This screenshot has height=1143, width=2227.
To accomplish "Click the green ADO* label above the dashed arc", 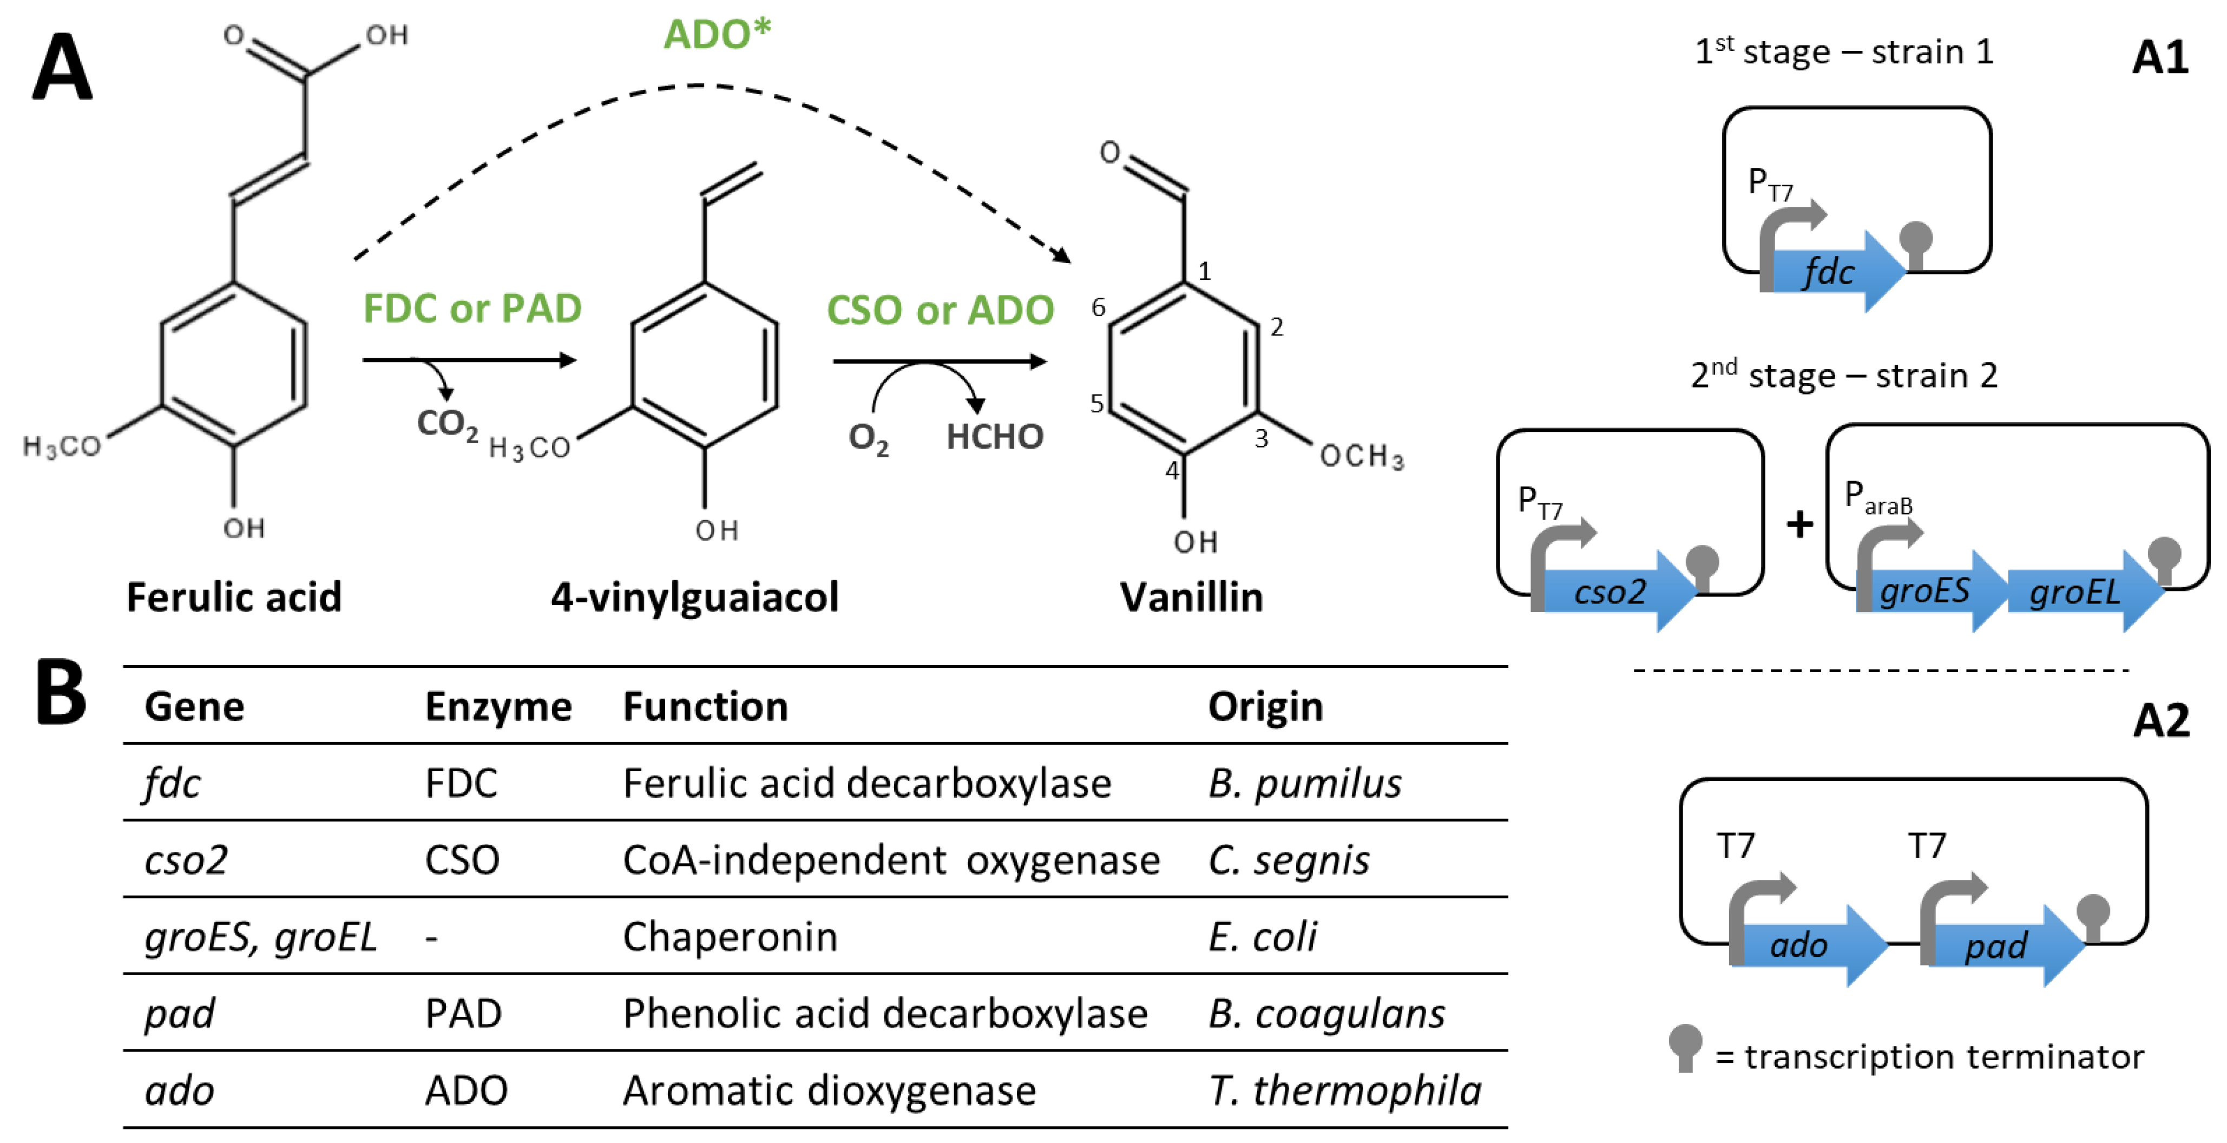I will pyautogui.click(x=716, y=35).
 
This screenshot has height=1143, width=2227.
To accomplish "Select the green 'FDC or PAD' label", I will pyautogui.click(x=472, y=308).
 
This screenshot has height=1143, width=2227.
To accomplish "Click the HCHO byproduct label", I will pyautogui.click(x=994, y=437).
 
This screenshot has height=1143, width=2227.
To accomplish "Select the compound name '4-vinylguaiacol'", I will pyautogui.click(x=694, y=596).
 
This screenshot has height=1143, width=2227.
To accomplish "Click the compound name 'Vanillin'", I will pyautogui.click(x=1191, y=596).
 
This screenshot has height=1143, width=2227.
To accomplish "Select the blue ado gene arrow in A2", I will pyautogui.click(x=1803, y=945).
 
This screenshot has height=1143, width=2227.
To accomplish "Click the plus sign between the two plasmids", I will pyautogui.click(x=1799, y=524).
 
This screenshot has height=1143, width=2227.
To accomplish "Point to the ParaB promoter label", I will pyautogui.click(x=1878, y=499).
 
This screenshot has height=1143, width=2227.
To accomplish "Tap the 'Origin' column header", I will pyautogui.click(x=1265, y=706).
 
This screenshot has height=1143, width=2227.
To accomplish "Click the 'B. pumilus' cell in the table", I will pyautogui.click(x=1304, y=783).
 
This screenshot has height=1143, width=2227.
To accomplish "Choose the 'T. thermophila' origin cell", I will pyautogui.click(x=1344, y=1091).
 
